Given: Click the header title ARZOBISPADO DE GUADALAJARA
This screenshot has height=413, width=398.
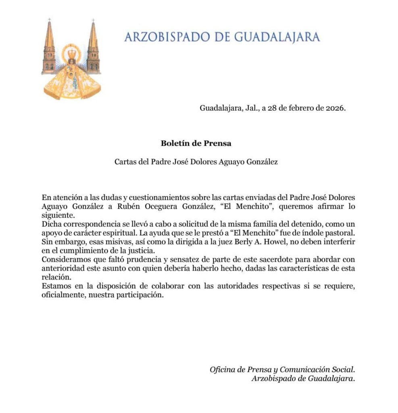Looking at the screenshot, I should click(x=222, y=37).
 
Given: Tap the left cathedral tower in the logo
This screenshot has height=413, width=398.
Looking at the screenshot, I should click(x=49, y=48).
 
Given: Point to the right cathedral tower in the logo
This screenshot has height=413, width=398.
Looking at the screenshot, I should click(x=93, y=48).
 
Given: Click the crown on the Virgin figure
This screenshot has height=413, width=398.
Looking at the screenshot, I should click(x=71, y=53).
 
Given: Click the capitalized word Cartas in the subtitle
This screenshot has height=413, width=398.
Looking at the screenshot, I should click(x=125, y=162).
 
